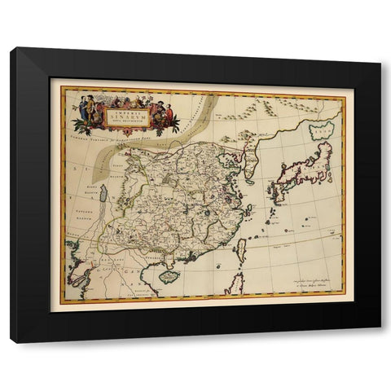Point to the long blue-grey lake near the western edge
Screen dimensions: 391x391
pos(103,196)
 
